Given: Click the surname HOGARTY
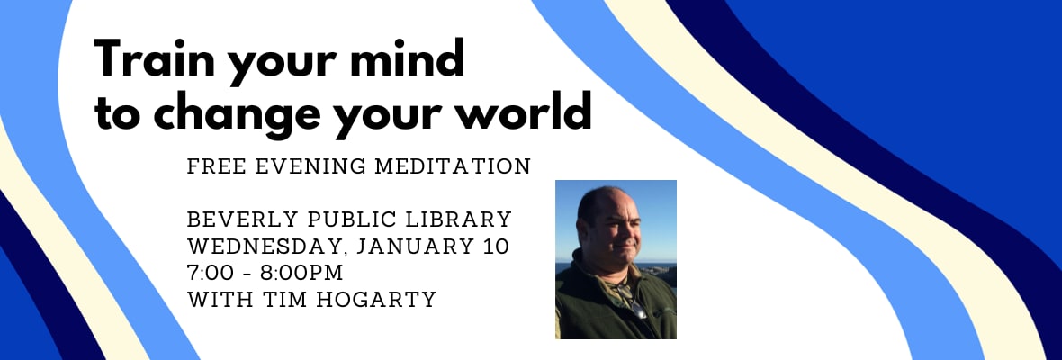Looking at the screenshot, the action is (369, 299).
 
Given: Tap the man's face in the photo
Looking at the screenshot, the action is (609, 228).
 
